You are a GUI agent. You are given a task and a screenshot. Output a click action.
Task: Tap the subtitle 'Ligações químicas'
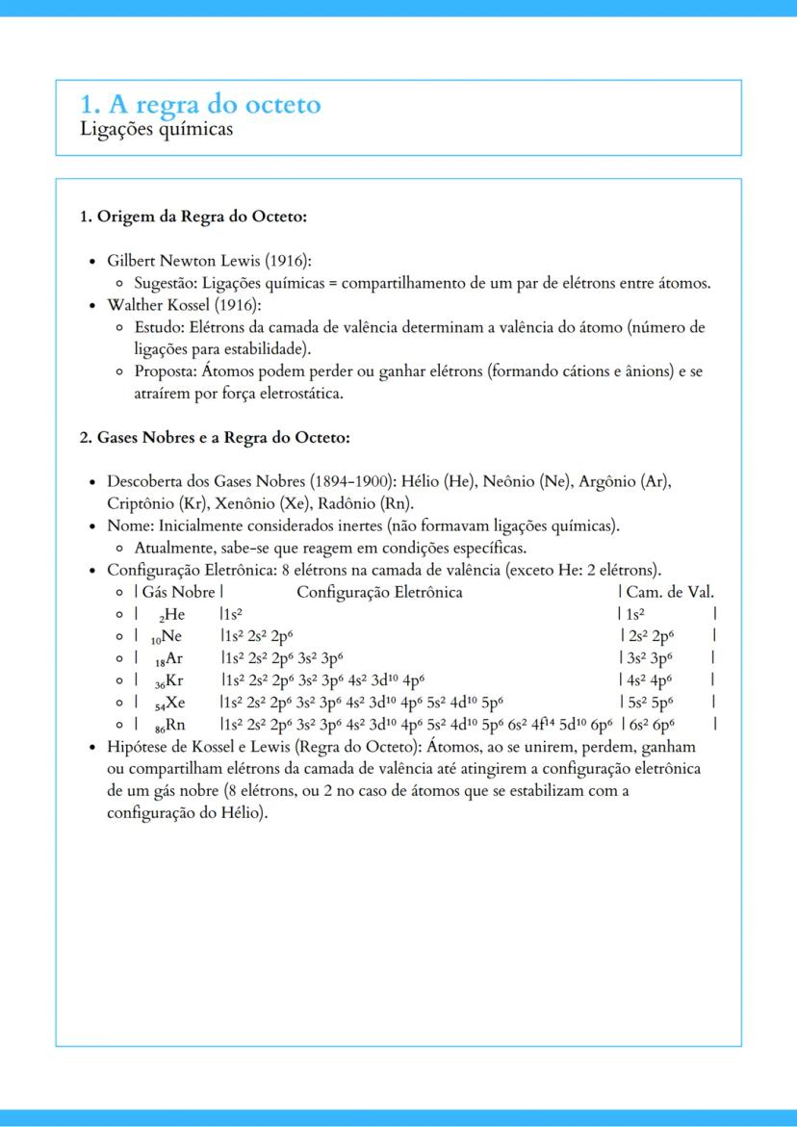coord(156,128)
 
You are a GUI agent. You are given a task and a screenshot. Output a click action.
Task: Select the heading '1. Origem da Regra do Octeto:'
coord(193,217)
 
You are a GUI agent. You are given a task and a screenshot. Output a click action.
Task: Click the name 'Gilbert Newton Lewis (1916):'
coord(209,261)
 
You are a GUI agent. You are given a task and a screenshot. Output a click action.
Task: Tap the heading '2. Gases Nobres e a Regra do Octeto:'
coord(214,438)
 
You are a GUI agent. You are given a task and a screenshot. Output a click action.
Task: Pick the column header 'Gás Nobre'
coord(179,592)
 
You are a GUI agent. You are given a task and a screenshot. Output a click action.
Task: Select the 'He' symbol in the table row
coord(175,614)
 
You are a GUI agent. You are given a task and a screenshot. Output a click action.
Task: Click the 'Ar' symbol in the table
coord(173,658)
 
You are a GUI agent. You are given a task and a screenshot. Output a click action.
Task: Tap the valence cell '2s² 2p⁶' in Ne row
coord(650,636)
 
